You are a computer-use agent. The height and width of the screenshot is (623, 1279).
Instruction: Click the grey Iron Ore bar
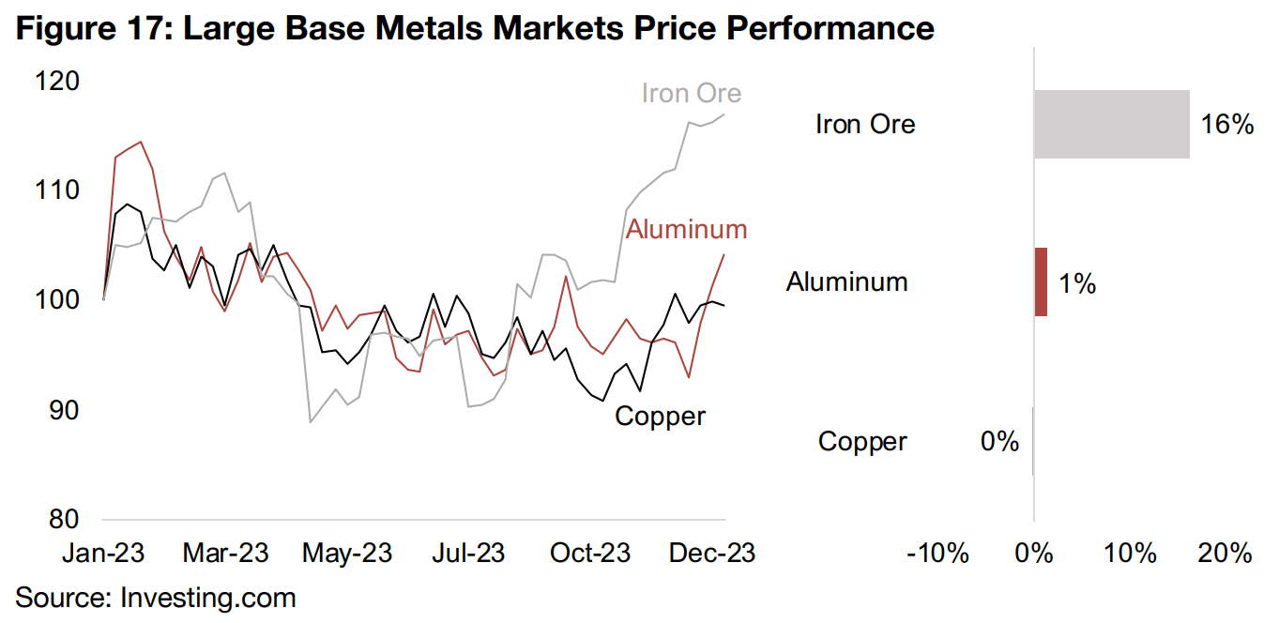click(1111, 124)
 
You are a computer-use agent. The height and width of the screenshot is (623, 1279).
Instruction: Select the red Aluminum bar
click(1041, 281)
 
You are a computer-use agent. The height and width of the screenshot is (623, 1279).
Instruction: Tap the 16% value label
click(1227, 125)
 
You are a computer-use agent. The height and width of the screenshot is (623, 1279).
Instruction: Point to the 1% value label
click(1077, 282)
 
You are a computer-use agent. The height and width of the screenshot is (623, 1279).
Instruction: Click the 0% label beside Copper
click(999, 441)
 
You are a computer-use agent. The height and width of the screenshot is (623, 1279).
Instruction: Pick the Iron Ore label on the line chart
click(691, 94)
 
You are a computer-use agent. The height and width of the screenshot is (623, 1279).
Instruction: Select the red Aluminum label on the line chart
click(686, 229)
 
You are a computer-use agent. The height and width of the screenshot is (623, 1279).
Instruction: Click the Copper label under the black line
click(660, 416)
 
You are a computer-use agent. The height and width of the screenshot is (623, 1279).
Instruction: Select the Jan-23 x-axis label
click(103, 554)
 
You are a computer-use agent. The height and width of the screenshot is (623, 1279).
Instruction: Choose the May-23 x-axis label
click(345, 554)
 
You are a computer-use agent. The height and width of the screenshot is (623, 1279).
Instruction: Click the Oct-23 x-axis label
click(589, 554)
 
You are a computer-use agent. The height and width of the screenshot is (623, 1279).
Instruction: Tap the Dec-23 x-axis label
click(711, 554)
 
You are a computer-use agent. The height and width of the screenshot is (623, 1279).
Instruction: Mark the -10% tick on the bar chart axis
click(937, 554)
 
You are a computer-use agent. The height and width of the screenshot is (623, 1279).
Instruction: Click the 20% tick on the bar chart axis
click(1226, 554)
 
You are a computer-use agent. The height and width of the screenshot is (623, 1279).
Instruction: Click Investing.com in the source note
click(208, 598)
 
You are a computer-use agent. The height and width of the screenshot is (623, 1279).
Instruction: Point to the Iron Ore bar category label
click(865, 125)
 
